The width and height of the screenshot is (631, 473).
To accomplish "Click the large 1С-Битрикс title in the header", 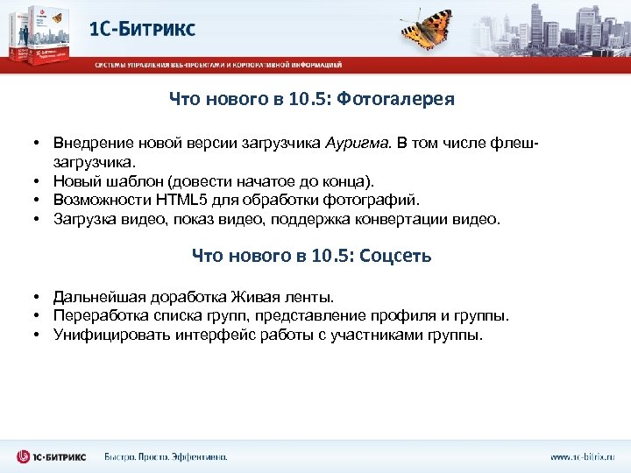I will (x=143, y=28).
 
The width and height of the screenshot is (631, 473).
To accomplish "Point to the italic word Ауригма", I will (x=356, y=143).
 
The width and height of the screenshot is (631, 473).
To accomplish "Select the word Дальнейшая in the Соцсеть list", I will (x=96, y=297).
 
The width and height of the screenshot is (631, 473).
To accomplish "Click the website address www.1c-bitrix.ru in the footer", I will (x=582, y=456).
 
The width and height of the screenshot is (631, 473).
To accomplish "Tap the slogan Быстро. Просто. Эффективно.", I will (x=166, y=456).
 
